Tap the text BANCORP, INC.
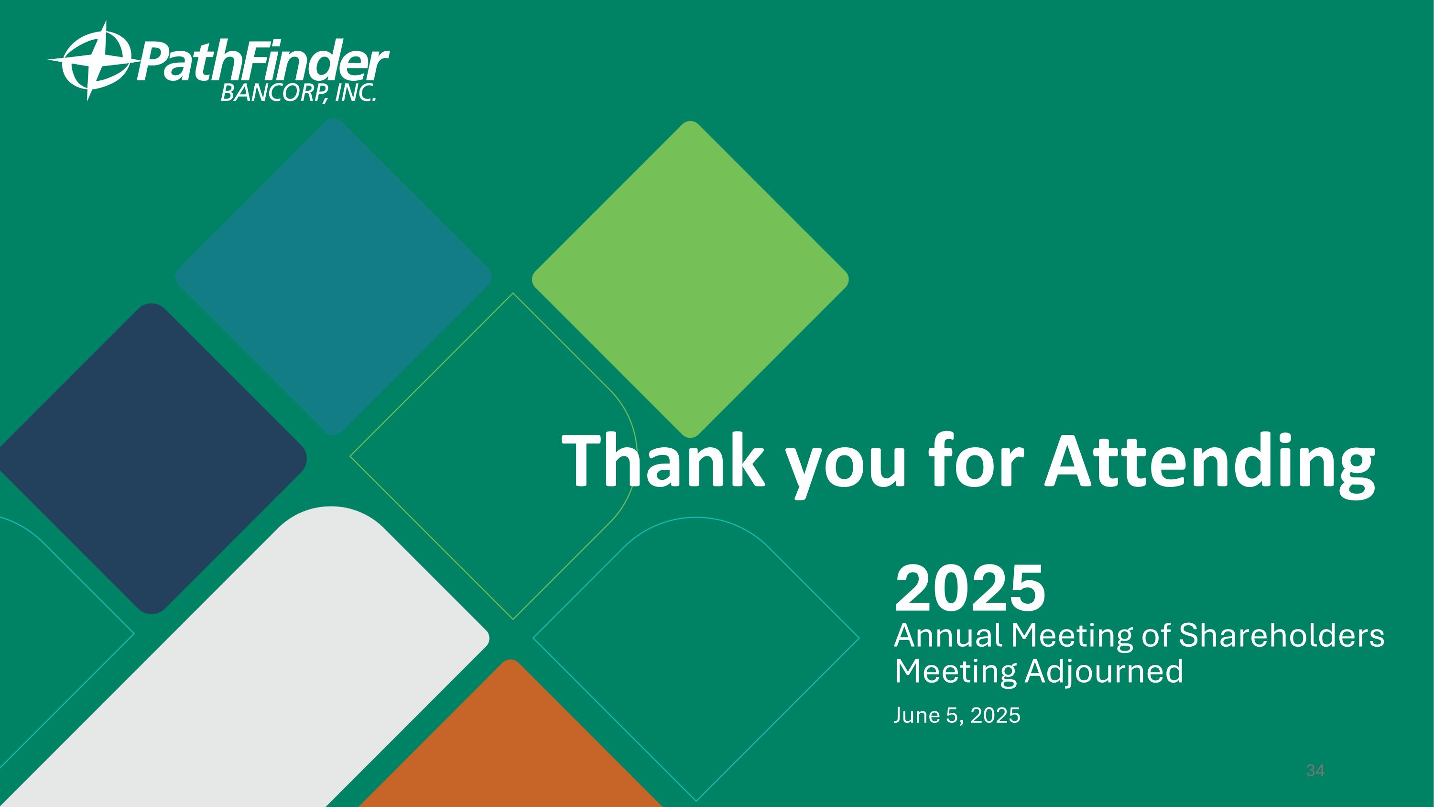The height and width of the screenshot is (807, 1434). pyautogui.click(x=298, y=93)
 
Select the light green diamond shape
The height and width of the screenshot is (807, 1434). pyautogui.click(x=690, y=278)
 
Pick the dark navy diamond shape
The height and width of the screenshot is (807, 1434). pyautogui.click(x=152, y=458)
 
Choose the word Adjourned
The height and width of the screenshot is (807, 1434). pyautogui.click(x=1104, y=671)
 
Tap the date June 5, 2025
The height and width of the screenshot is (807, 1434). pyautogui.click(x=957, y=715)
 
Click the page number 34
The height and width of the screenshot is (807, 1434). pyautogui.click(x=1315, y=771)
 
